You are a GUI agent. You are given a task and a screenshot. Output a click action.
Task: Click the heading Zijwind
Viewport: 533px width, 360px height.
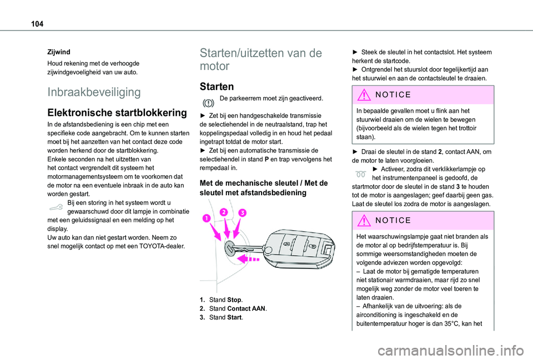(x=58, y=50)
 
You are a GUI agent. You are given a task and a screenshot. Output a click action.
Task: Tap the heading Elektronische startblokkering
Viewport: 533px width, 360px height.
(x=117, y=112)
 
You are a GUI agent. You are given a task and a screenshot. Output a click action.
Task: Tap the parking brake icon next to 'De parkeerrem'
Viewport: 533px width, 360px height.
(x=208, y=103)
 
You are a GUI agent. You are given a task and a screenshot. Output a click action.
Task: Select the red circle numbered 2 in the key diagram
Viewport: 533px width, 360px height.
(x=224, y=212)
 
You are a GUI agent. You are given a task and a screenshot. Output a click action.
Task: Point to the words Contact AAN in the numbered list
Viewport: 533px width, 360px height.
(x=246, y=308)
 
